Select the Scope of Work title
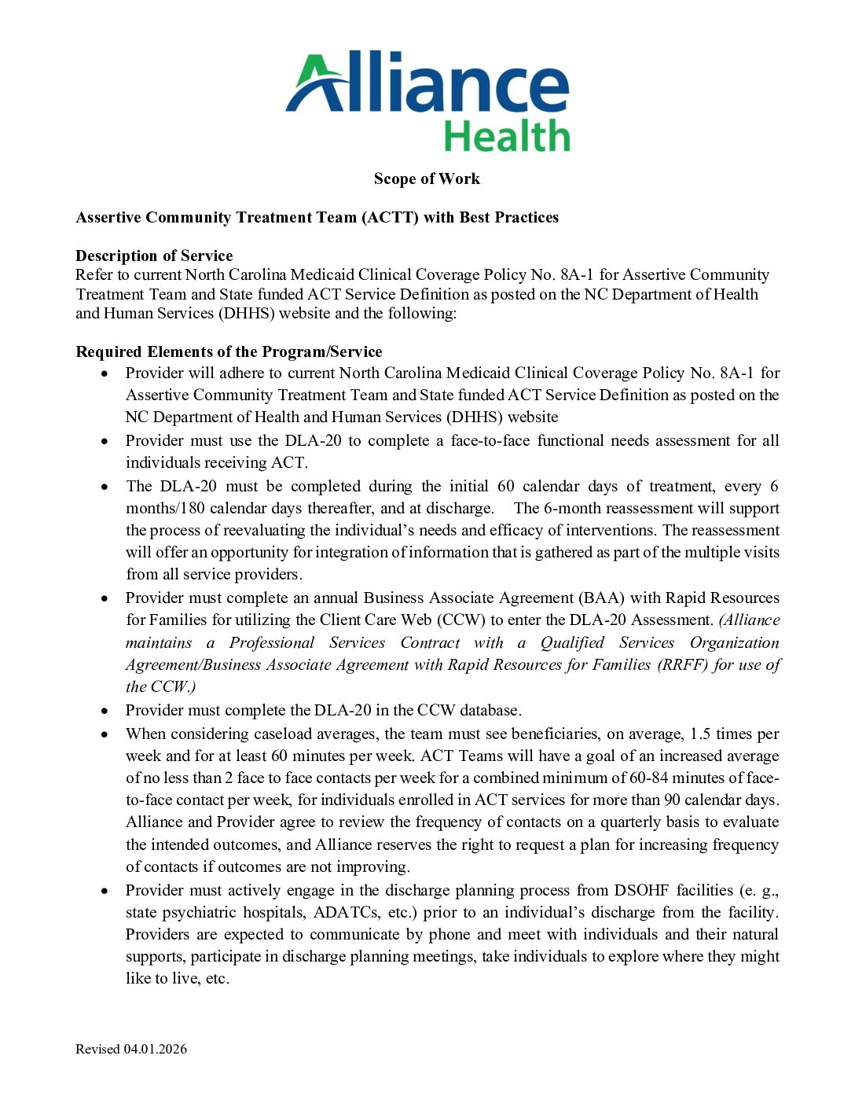click(427, 179)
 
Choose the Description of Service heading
click(154, 256)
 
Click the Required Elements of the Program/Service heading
click(229, 351)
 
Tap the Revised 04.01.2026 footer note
click(131, 1049)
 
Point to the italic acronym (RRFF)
click(683, 664)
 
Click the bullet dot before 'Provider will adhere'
click(105, 373)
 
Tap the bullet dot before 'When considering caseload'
click(105, 734)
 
